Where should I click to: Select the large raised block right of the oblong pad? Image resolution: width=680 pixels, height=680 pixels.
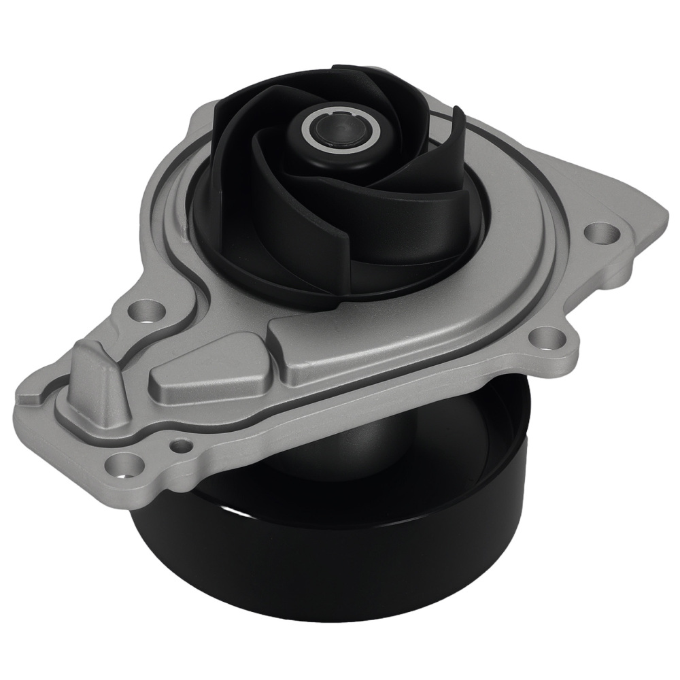(x=340, y=340)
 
